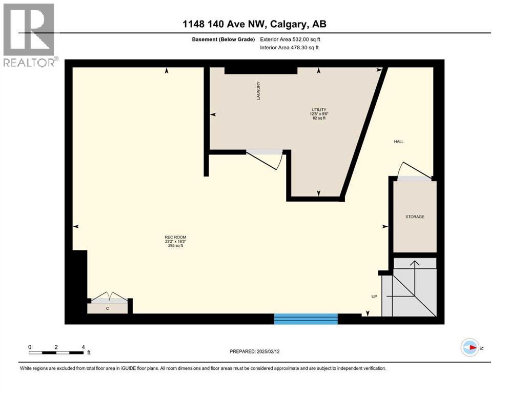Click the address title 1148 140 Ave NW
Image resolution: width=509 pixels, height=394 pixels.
tap(254, 24)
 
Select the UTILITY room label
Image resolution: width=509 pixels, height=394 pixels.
tap(319, 109)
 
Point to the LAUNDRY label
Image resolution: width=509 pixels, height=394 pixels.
tap(259, 91)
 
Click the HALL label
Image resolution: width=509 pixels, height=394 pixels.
tap(399, 142)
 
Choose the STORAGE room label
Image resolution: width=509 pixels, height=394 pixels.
tap(415, 217)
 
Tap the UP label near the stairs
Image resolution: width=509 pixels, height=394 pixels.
tap(374, 297)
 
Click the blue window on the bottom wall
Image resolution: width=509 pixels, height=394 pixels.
tap(306, 319)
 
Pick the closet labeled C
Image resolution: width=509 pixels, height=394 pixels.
tap(107, 308)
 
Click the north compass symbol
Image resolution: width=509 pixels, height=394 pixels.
tap(469, 348)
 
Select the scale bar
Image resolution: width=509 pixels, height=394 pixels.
tap(56, 352)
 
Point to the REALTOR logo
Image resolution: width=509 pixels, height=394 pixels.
tap(29, 35)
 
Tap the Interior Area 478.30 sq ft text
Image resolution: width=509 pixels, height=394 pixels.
tap(290, 48)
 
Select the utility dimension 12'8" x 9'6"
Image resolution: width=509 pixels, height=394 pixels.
tap(319, 114)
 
